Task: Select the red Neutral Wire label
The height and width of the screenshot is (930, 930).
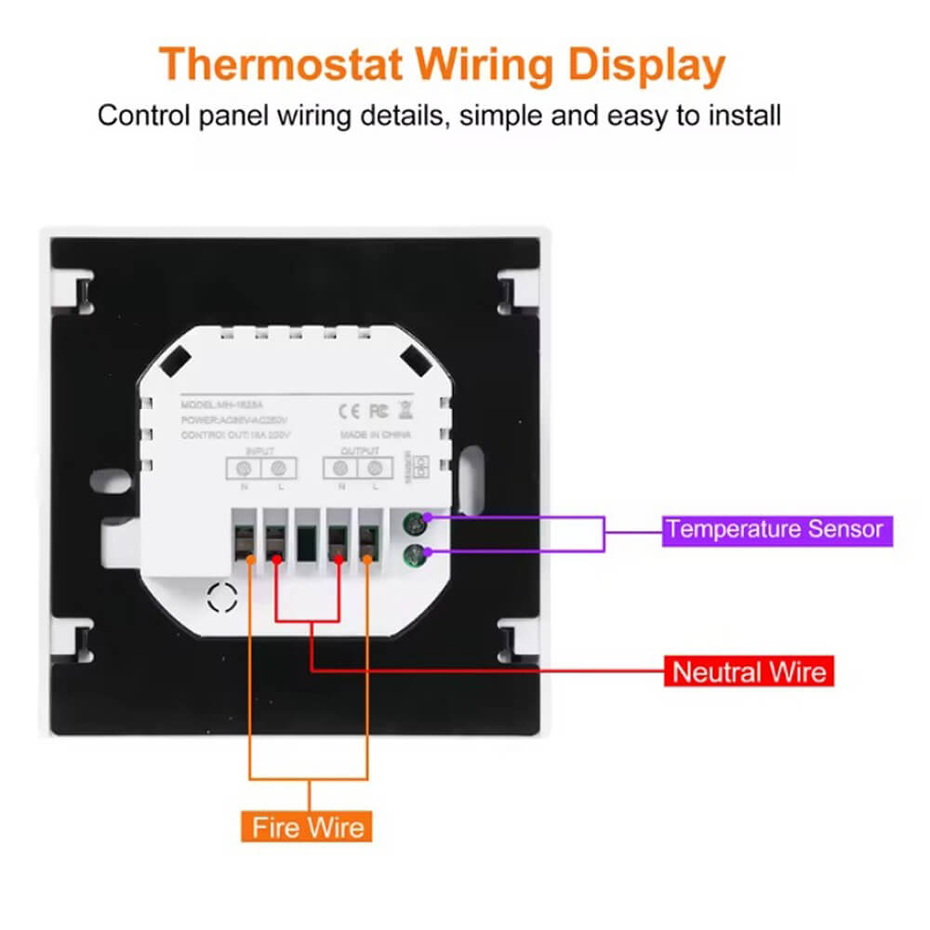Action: coord(749,671)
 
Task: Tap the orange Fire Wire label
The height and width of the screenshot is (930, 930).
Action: coord(310,826)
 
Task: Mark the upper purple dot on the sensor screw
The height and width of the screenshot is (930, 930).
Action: coord(429,518)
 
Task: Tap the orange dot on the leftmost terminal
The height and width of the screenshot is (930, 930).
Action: coord(252,558)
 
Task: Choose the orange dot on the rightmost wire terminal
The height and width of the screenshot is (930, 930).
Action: coord(368,558)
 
